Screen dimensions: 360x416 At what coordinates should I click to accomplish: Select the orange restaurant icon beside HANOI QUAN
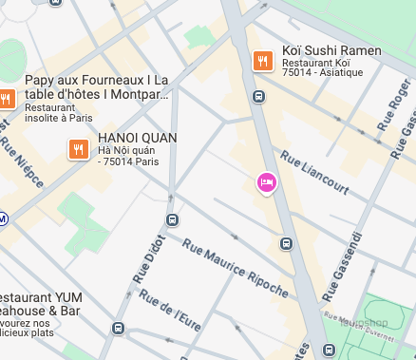point(78,148)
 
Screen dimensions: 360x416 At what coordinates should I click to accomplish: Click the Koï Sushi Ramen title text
point(331,50)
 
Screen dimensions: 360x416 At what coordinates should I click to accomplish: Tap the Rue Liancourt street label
point(312,174)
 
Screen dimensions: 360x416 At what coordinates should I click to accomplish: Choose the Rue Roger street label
point(392,105)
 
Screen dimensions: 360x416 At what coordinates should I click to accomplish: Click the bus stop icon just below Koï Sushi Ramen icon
point(258,95)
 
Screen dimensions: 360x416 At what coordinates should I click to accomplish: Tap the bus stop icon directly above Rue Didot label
point(172,220)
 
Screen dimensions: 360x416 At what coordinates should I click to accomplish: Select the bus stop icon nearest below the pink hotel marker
point(285,244)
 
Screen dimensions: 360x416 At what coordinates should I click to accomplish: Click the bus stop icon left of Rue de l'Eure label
point(118,329)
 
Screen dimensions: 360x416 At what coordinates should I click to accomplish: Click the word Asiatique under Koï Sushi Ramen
point(341,73)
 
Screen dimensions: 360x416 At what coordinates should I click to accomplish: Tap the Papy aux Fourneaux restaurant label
point(97,87)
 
